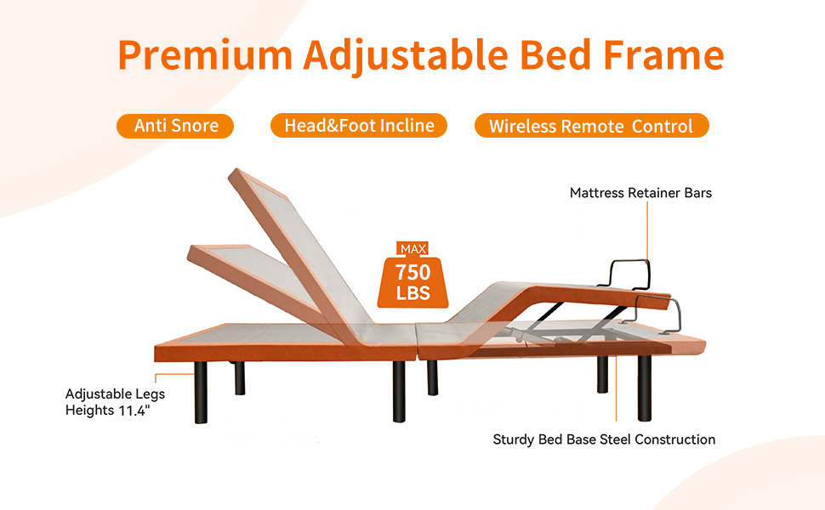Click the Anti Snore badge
point(176,126)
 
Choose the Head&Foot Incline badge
point(359,126)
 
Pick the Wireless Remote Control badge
point(591,127)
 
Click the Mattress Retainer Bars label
point(640,193)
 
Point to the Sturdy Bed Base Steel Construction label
point(604,439)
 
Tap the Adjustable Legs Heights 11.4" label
point(115,402)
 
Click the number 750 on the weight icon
point(412,273)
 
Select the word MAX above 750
point(412,249)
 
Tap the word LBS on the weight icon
point(412,294)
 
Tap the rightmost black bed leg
point(644,387)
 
